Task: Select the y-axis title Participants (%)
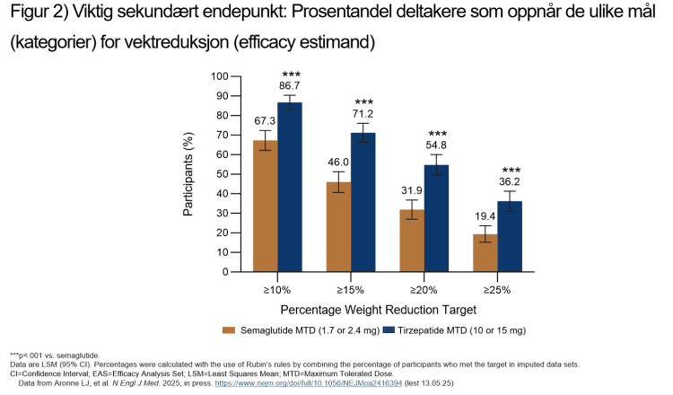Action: coord(190,171)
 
